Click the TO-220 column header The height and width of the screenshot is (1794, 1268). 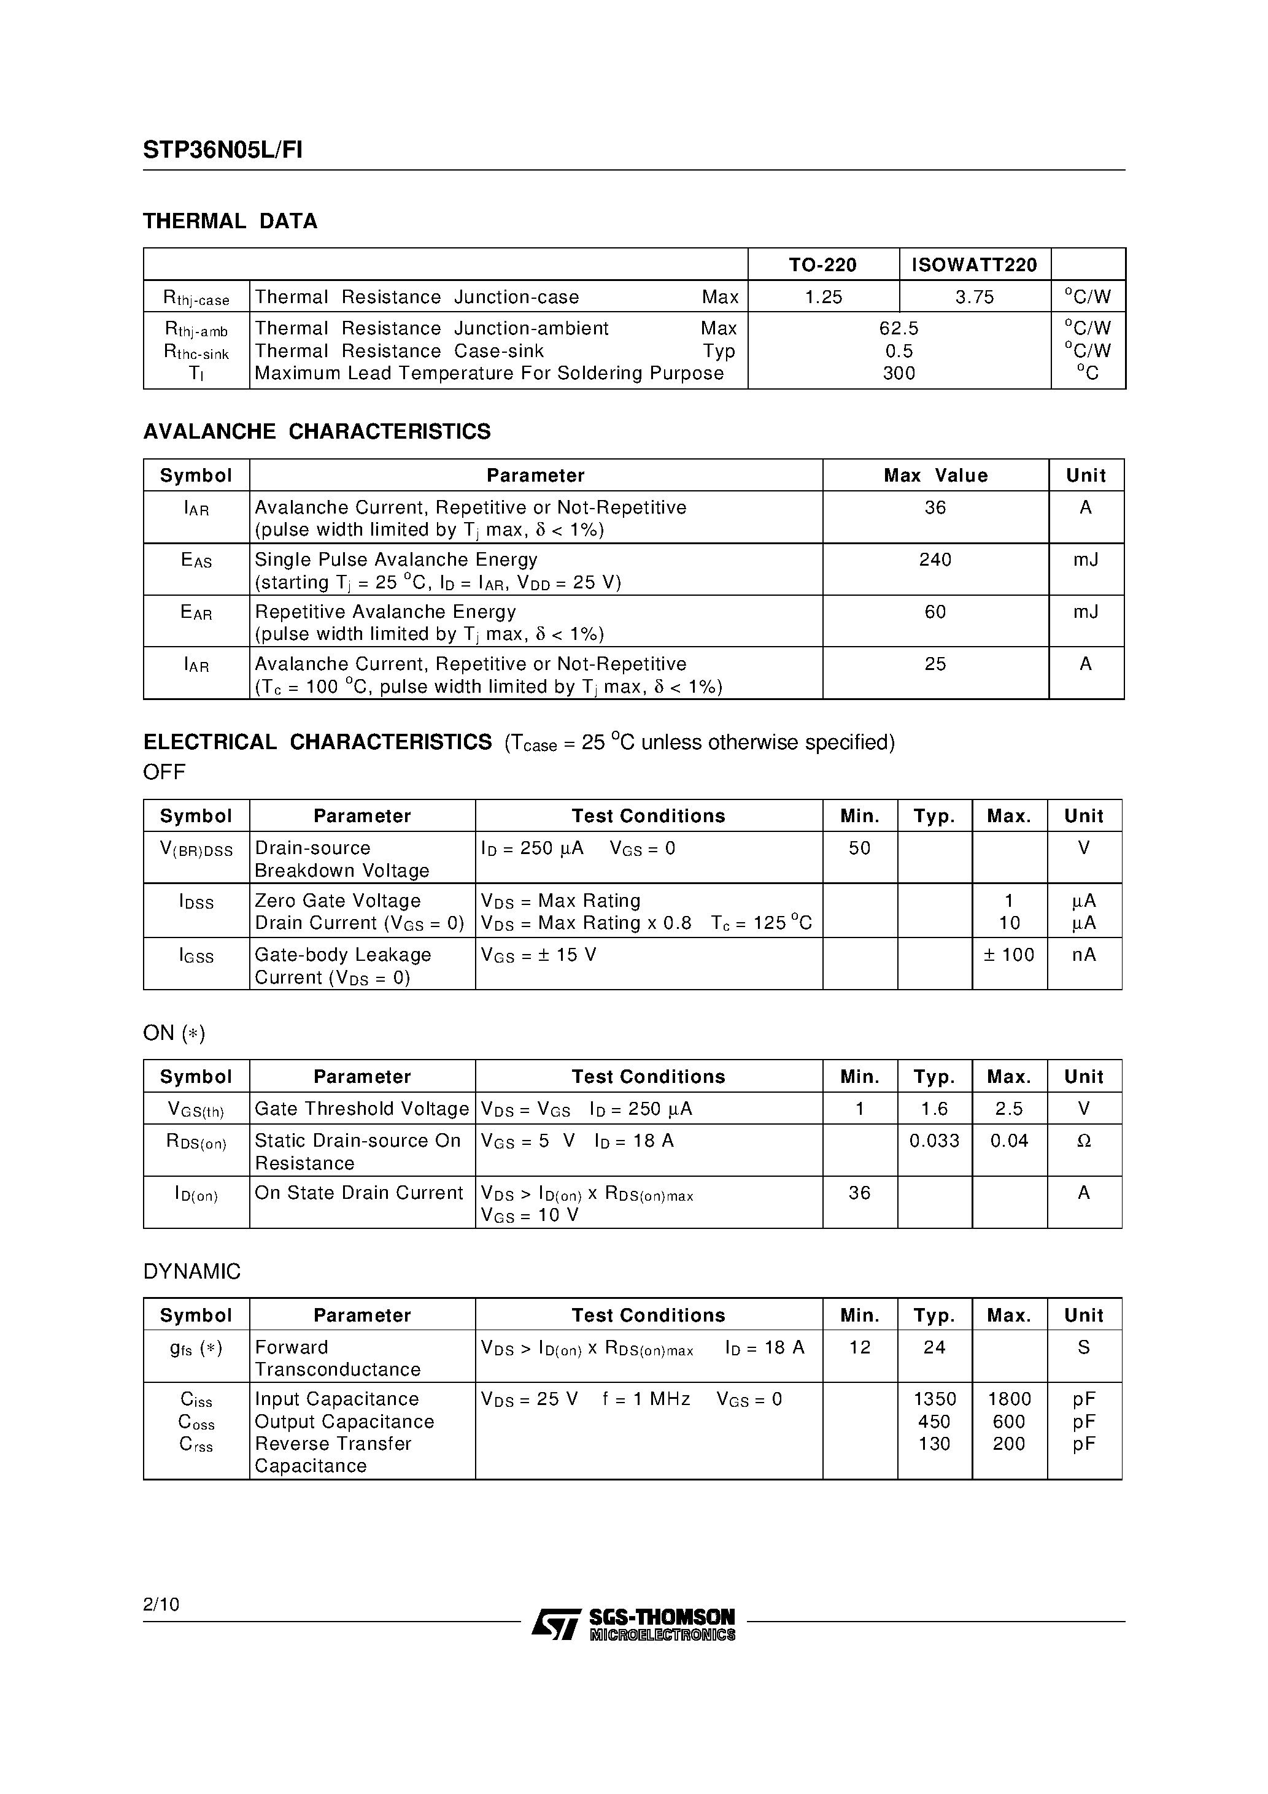[822, 265]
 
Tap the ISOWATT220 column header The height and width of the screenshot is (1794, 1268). [974, 265]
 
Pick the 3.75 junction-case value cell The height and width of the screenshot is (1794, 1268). [974, 297]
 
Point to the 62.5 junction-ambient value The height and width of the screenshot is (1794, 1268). [899, 328]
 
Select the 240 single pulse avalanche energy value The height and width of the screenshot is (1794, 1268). [935, 560]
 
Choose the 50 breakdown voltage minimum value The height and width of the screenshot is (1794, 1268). [859, 848]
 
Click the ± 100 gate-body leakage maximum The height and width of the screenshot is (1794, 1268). [1008, 954]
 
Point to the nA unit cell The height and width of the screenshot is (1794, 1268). [1083, 954]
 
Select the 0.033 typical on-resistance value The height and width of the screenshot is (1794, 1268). [934, 1140]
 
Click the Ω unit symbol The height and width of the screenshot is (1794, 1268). [1083, 1141]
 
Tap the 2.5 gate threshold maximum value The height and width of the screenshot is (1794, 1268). [1008, 1108]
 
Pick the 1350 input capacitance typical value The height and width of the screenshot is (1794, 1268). [934, 1399]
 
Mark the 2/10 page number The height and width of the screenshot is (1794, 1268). [161, 1604]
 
